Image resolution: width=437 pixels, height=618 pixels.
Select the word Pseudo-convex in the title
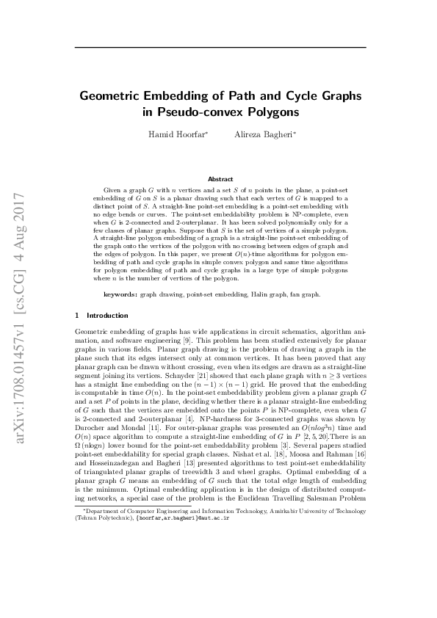point(192,112)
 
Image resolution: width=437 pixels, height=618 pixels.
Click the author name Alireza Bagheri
point(254,136)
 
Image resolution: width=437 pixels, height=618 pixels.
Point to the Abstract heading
point(220,178)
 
